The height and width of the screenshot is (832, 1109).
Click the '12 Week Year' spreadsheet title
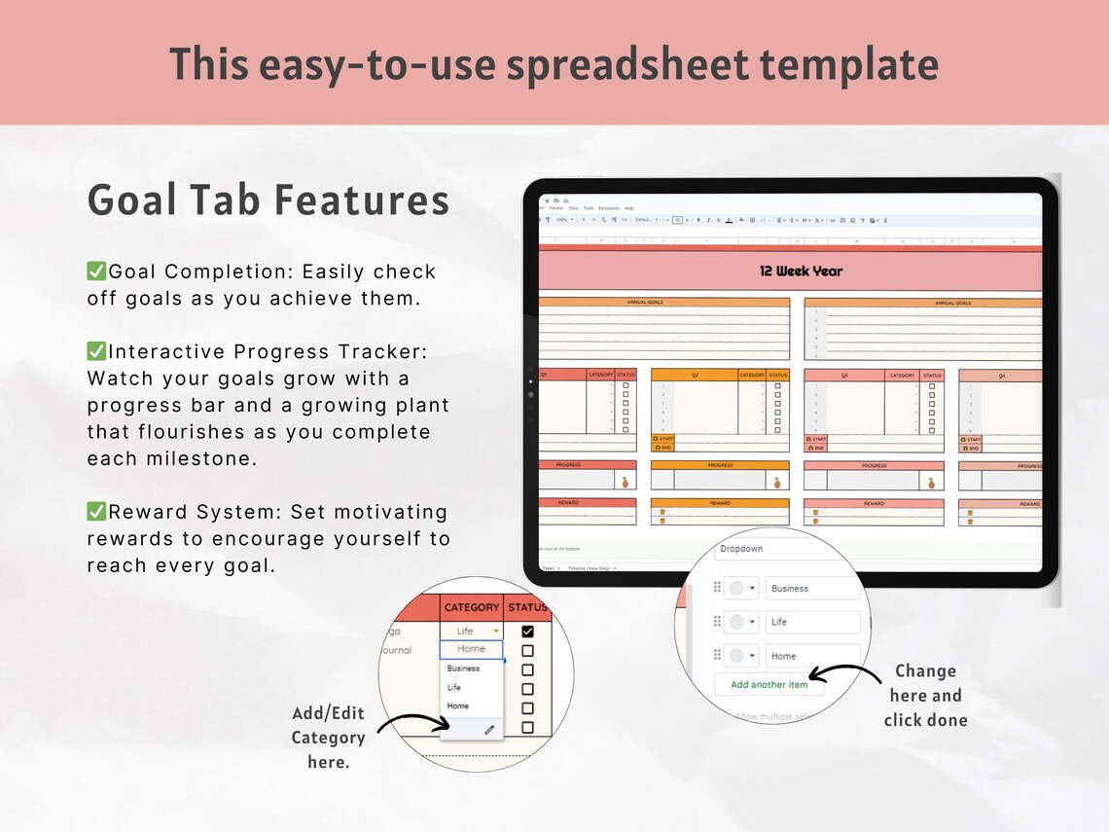tap(801, 271)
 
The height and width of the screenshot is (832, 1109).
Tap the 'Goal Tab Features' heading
tap(268, 200)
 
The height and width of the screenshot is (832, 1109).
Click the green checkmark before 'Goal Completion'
tap(97, 271)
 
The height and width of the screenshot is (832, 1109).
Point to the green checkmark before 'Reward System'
tap(97, 512)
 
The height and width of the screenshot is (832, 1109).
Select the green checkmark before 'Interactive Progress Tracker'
tap(97, 351)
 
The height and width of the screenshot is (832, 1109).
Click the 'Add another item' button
tap(769, 684)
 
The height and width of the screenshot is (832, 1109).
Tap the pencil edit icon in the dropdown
tap(489, 729)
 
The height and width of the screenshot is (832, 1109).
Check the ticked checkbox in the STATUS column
tap(527, 632)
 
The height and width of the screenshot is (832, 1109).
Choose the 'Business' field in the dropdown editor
tap(812, 589)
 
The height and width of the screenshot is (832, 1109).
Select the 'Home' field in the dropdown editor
tap(812, 656)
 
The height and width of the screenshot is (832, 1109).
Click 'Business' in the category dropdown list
tap(463, 669)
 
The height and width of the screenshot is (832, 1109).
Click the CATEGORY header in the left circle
tap(471, 607)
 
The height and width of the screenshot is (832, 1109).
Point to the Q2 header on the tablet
tap(695, 375)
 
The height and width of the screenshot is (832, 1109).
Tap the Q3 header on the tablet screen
tap(844, 375)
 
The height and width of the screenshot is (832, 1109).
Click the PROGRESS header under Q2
tap(720, 465)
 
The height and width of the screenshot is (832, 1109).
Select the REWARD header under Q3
tap(873, 503)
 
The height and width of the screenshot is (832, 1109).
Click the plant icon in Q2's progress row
tap(776, 481)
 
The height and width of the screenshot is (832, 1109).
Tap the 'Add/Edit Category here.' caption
tap(328, 738)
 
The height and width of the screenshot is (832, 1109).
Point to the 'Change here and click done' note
tap(925, 695)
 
